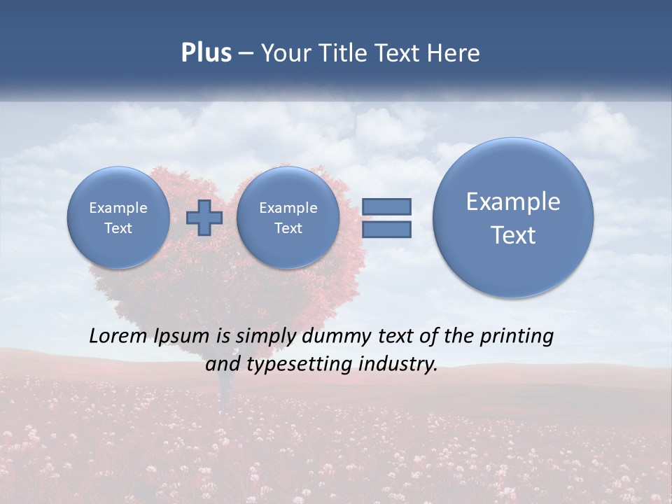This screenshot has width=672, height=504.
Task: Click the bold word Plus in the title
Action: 206,53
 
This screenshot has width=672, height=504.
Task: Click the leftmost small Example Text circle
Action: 118,218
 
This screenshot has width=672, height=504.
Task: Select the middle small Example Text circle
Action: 288,218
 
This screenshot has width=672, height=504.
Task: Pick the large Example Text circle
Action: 513,218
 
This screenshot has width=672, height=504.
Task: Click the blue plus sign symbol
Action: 204,218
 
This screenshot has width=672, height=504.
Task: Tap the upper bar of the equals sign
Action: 386,206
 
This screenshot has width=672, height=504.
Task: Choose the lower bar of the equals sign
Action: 386,229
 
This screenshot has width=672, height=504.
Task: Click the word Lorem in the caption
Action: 120,336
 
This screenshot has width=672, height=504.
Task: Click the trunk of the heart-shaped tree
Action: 225,392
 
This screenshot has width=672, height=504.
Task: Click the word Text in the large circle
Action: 513,235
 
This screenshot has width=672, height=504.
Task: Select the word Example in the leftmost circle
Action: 118,208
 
